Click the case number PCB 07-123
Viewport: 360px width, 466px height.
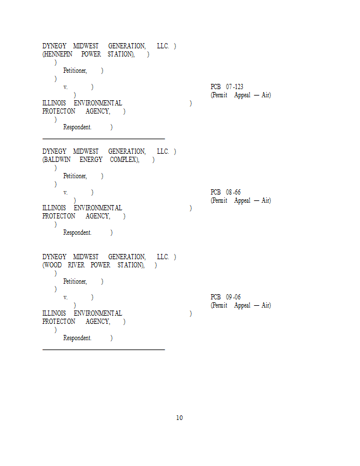[x=227, y=87]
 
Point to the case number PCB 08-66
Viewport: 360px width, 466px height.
[x=226, y=192]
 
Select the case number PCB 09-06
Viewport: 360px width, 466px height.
[x=226, y=297]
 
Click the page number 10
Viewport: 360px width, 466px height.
[x=179, y=418]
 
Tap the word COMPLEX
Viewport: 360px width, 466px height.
[x=124, y=160]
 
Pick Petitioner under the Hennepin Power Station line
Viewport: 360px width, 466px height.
[x=75, y=70]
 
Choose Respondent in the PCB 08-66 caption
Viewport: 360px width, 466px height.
[x=77, y=232]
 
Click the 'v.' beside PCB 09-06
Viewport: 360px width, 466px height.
[x=65, y=297]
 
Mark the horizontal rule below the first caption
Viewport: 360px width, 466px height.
[x=104, y=139]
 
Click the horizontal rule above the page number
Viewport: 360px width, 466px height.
[x=104, y=349]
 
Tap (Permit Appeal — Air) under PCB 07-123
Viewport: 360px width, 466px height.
[x=241, y=95]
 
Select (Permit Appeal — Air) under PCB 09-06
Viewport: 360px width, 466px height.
[x=241, y=305]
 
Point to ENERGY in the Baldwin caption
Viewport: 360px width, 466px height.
[x=91, y=160]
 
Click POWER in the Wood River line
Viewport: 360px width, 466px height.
[x=100, y=265]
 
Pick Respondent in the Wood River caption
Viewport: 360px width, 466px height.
[x=77, y=338]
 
